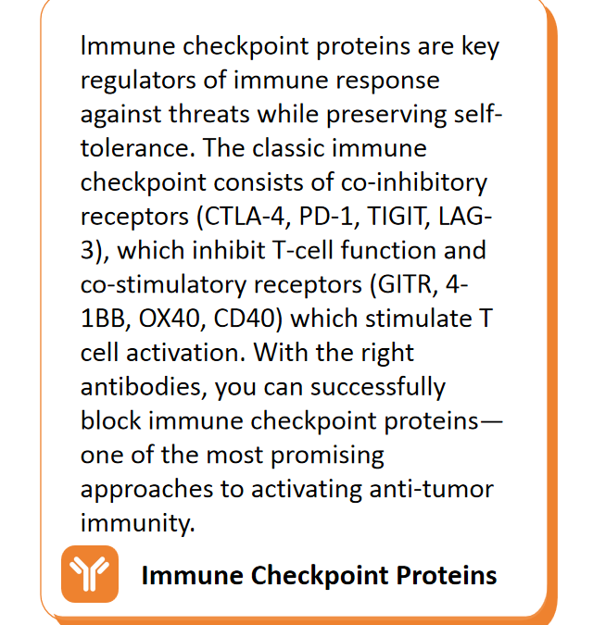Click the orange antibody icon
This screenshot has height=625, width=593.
(90, 573)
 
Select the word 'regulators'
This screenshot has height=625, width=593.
(138, 81)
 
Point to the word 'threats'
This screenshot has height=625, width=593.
(209, 115)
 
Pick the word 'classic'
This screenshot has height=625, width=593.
(288, 148)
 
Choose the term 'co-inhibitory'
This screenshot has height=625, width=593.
(414, 183)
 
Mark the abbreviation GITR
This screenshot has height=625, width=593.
(408, 285)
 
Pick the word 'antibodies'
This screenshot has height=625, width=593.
(144, 387)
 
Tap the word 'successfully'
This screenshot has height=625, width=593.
(378, 388)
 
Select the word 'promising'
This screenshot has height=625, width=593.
(327, 456)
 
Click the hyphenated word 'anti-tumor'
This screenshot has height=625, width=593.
(432, 489)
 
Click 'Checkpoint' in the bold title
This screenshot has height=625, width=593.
(320, 576)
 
